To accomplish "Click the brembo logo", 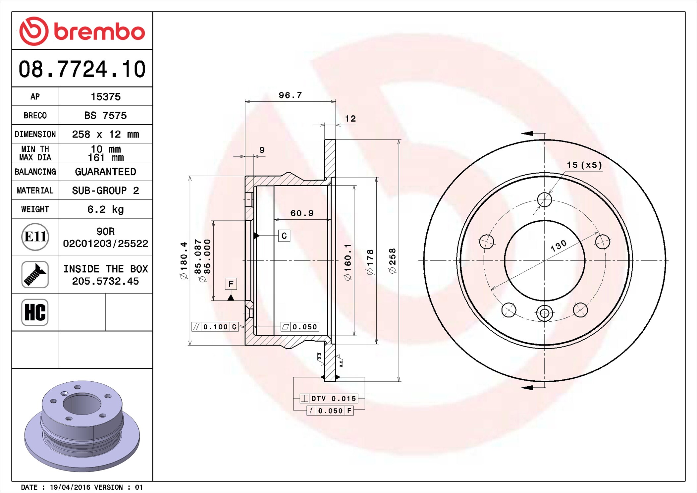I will pos(82,31).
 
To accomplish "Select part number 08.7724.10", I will pos(82,69).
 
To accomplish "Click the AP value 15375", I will pos(106,97).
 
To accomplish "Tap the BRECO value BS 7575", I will pos(105,116).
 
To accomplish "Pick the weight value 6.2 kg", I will pos(105,209).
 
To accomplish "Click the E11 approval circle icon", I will pos(35,237).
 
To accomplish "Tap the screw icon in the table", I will pos(35,274).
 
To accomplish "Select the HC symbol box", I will pos(35,312).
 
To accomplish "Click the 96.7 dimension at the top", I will pos(290,95).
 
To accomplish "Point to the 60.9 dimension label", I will pos(302,213).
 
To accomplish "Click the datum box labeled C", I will pos(284,236).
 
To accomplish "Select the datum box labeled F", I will pos(231,284).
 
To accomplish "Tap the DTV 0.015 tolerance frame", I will pos(329,398).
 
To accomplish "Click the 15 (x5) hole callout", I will pos(584,165).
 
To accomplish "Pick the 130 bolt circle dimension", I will pos(559,246).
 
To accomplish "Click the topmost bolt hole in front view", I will pos(544,200).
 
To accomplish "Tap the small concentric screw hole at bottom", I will pos(544,313).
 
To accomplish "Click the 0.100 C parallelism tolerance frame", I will pos(215,327).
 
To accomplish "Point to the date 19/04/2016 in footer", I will pos(70,487).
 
